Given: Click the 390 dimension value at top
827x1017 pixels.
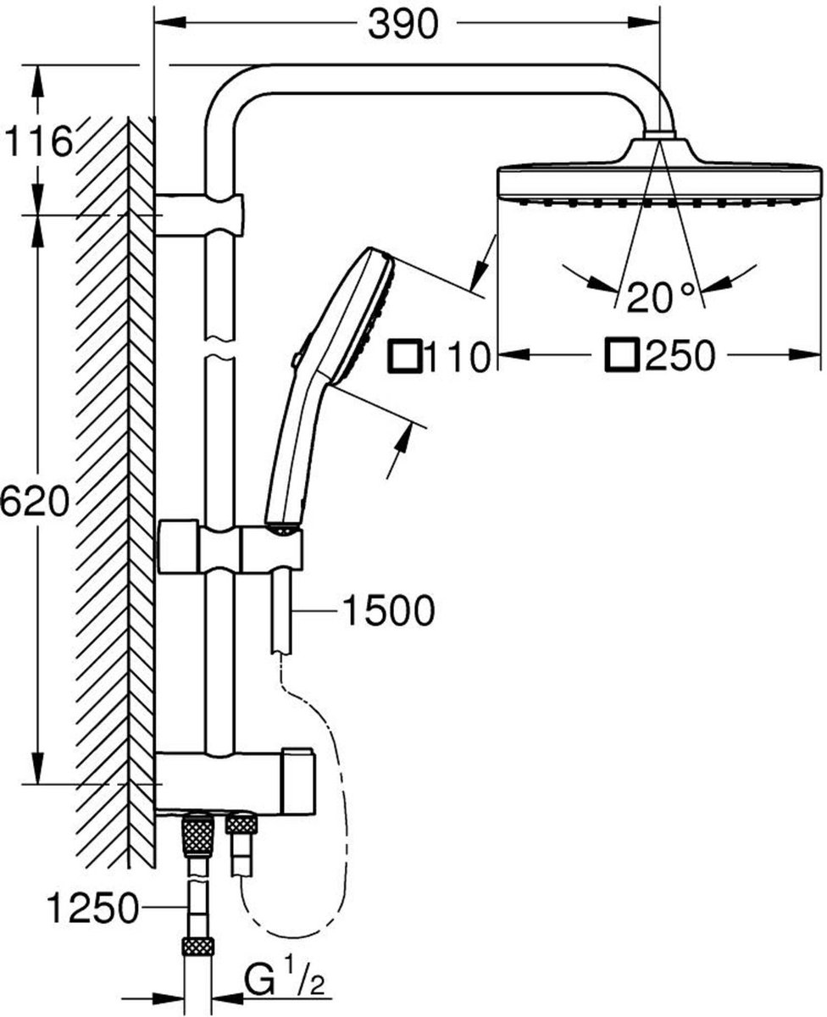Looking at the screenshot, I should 402,25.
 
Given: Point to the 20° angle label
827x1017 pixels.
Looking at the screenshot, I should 661,296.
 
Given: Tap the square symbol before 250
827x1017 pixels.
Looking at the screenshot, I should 622,356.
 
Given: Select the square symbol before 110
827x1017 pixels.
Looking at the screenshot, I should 404,357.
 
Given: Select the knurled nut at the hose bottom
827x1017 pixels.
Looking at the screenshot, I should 198,949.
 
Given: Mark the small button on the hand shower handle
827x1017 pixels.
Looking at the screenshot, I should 294,360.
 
